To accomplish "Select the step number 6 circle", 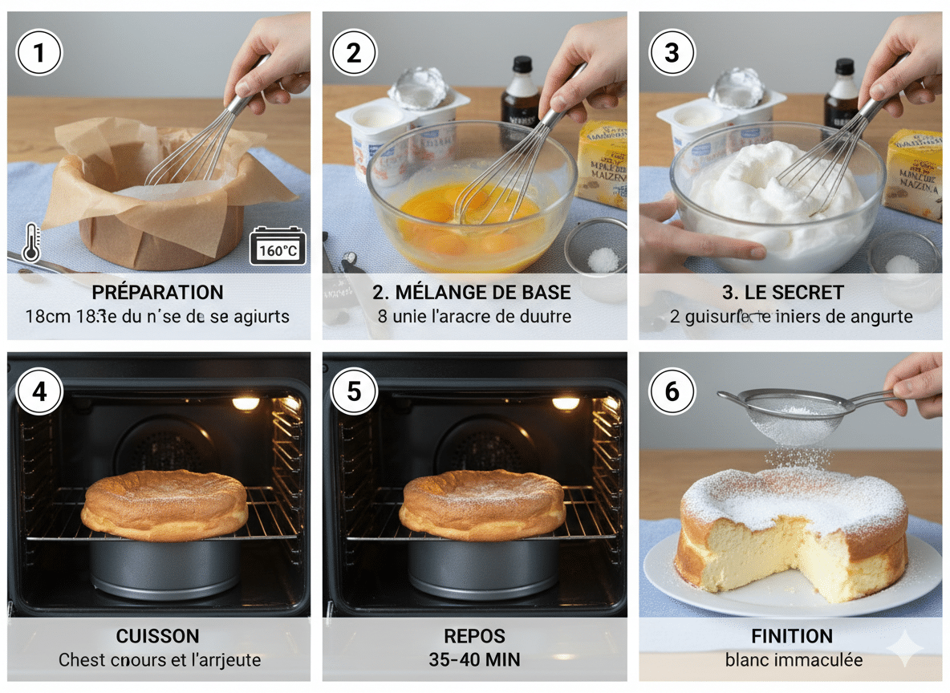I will (x=672, y=391).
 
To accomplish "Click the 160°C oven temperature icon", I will (x=278, y=246).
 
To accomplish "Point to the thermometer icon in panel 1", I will (x=31, y=242).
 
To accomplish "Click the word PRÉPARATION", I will (x=158, y=292).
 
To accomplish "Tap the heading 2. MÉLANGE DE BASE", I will (x=473, y=292).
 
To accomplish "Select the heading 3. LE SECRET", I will (x=790, y=292).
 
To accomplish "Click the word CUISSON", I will (x=158, y=636).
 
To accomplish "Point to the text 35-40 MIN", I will (x=474, y=660).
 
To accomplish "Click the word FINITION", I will (x=791, y=636).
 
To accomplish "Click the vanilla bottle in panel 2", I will (x=521, y=96).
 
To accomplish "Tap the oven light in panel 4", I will (x=246, y=403).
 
